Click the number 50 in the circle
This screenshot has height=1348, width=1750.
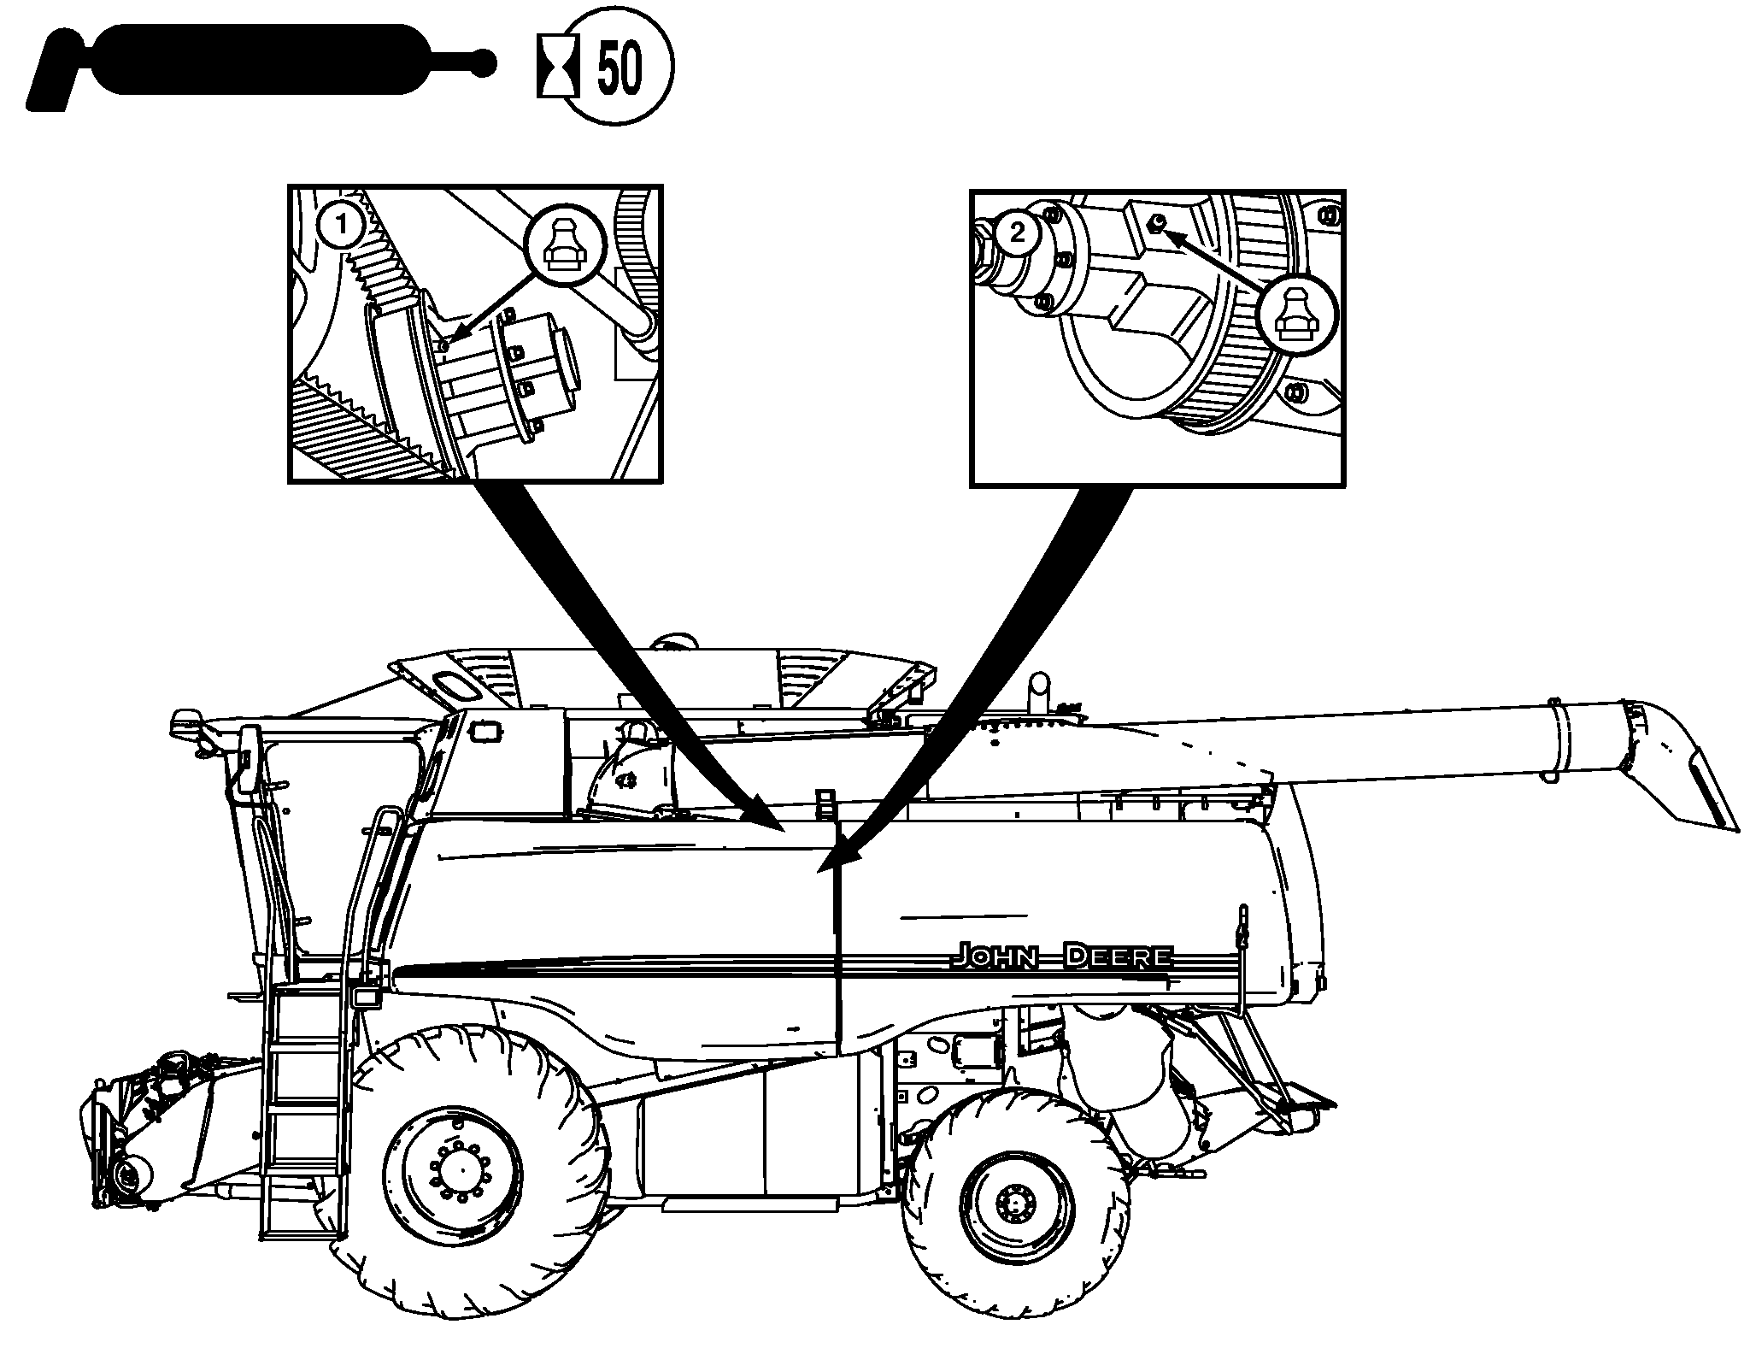tap(619, 67)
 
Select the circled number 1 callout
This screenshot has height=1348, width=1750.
tap(341, 227)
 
